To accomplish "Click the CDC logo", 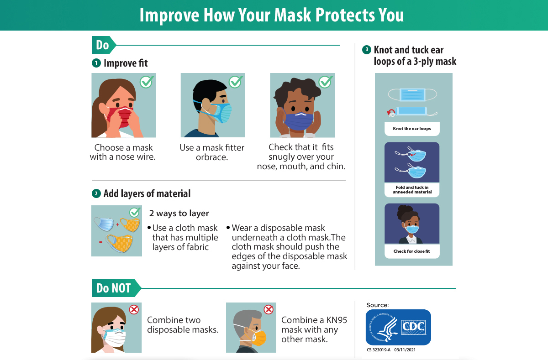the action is [398, 327].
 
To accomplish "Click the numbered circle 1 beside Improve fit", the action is [96, 63].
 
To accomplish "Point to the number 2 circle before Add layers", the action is [96, 193].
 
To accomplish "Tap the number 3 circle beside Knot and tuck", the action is [366, 50].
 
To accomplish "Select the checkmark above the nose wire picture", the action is [147, 82].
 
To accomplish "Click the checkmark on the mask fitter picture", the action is [236, 82].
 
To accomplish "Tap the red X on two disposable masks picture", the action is [134, 309].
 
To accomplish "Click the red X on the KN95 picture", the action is [269, 309].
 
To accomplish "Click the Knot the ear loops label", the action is [412, 129].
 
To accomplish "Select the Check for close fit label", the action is [412, 251].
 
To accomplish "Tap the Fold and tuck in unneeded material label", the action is [412, 190].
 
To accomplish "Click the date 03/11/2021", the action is [405, 350].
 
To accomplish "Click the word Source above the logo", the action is [378, 305].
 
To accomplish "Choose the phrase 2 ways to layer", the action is [179, 214].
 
